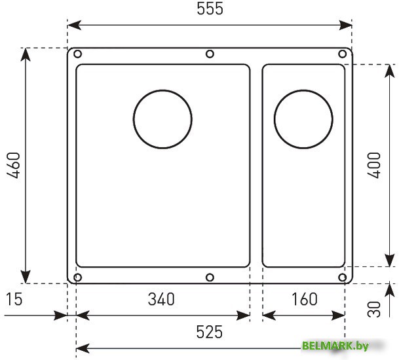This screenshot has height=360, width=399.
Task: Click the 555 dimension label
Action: coord(210,9)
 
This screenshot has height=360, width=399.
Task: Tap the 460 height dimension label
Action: coord(13,166)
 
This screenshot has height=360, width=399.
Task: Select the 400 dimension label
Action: coord(374,165)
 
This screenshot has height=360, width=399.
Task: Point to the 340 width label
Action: coord(161,299)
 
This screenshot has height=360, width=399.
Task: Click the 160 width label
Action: coord(305,299)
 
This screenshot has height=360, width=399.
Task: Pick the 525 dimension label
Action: coord(210,332)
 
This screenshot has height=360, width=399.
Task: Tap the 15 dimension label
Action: coord(14,299)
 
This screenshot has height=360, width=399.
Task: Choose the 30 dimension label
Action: coord(374,309)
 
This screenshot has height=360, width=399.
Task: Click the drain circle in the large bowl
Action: coord(134,119)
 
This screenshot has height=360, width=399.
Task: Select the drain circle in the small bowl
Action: coord(275,119)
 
